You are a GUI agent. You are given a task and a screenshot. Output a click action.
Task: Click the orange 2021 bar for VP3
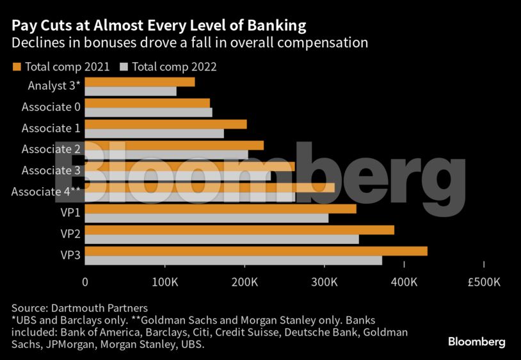point(256,251)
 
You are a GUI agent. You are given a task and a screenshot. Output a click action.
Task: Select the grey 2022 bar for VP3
point(234,260)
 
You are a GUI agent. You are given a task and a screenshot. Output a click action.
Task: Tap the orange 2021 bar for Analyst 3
point(140,82)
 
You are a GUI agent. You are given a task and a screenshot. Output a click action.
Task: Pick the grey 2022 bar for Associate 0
point(148,112)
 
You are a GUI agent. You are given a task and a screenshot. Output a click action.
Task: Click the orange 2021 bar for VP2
point(239,230)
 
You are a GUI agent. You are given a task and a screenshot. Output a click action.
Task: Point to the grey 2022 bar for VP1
point(206,218)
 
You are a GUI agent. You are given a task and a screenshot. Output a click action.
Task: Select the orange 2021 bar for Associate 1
point(165,124)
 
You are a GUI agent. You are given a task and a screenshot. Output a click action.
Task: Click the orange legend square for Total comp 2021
point(17,66)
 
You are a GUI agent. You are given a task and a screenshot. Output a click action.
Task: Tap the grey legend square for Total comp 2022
point(125,66)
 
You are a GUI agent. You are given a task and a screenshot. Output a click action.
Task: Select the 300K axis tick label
point(324,281)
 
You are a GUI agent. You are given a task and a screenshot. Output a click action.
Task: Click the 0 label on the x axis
point(85,281)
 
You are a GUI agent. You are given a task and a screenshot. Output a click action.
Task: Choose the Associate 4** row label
point(45,191)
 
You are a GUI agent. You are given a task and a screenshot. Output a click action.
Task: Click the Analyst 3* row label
point(54,85)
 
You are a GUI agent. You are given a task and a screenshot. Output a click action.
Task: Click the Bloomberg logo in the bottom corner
point(476,341)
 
